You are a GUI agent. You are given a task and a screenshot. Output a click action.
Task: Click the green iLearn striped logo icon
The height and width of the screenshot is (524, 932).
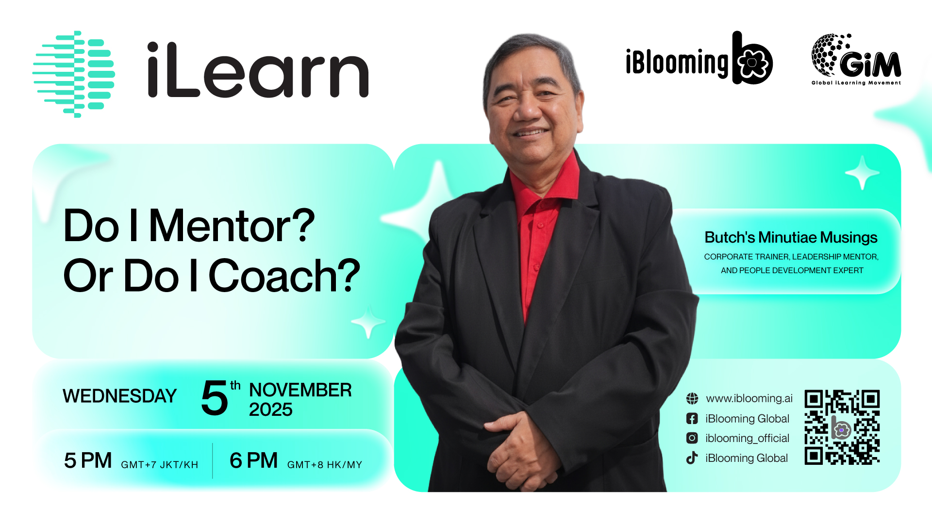tap(74, 74)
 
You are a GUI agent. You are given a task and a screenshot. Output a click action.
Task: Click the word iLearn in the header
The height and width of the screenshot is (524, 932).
tap(258, 69)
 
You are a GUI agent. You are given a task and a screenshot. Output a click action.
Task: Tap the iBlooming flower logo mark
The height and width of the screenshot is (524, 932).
tap(752, 58)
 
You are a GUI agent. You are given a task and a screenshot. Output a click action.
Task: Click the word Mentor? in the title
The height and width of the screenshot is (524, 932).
tap(232, 226)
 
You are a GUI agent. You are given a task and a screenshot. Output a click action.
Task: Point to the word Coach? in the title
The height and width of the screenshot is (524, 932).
tap(284, 276)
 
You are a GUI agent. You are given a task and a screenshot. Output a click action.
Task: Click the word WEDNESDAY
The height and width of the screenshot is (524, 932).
tap(119, 396)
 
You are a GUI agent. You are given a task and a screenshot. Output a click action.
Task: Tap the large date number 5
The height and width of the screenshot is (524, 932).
tap(214, 398)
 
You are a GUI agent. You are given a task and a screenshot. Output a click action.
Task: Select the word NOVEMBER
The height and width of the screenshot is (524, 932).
tap(300, 390)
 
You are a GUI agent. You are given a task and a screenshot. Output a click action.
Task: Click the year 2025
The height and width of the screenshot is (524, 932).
tap(271, 409)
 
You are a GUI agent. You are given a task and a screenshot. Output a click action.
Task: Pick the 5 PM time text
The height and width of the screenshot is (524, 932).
tap(88, 460)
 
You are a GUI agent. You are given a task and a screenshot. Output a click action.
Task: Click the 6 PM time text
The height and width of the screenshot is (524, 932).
tap(254, 460)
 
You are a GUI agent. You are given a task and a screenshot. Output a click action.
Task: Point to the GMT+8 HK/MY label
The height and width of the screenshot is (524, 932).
tap(325, 465)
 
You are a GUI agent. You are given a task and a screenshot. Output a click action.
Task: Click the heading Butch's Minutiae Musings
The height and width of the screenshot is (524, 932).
tap(791, 237)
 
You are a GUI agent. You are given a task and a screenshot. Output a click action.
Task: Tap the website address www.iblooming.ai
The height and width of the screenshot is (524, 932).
tap(749, 398)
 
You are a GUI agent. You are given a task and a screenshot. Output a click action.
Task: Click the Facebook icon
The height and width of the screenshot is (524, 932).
tap(692, 418)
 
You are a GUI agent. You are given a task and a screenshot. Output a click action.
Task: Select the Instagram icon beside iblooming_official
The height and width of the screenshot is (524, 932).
tap(692, 438)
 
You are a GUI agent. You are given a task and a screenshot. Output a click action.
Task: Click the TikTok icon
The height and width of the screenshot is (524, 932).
tap(692, 458)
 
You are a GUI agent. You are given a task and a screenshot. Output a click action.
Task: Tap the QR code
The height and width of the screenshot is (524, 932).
tap(842, 427)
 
